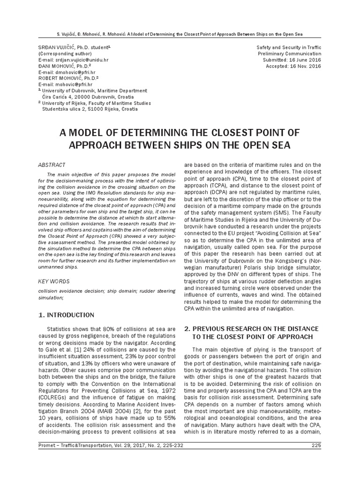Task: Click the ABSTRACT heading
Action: click(51, 165)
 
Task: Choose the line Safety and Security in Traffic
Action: click(289, 48)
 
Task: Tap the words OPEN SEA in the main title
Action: click(267, 145)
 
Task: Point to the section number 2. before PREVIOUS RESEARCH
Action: click(187, 328)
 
